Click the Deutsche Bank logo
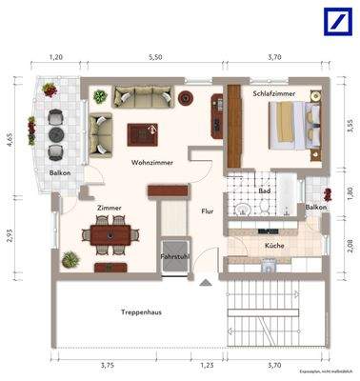click(335, 23)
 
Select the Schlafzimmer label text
click(273, 95)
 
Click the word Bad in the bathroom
click(264, 190)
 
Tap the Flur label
click(207, 211)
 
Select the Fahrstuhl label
click(173, 256)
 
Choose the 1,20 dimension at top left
click(55, 57)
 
